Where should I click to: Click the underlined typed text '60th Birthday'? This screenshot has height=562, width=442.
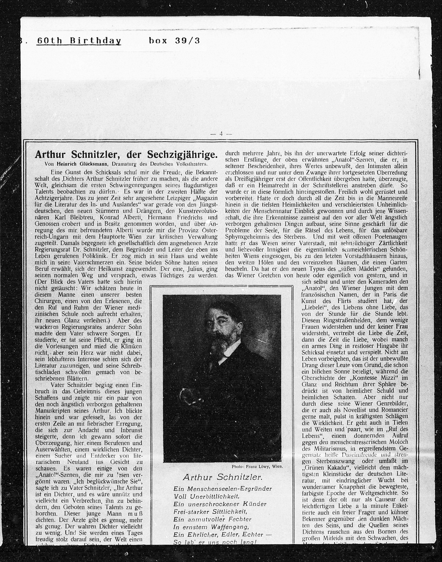(79, 41)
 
